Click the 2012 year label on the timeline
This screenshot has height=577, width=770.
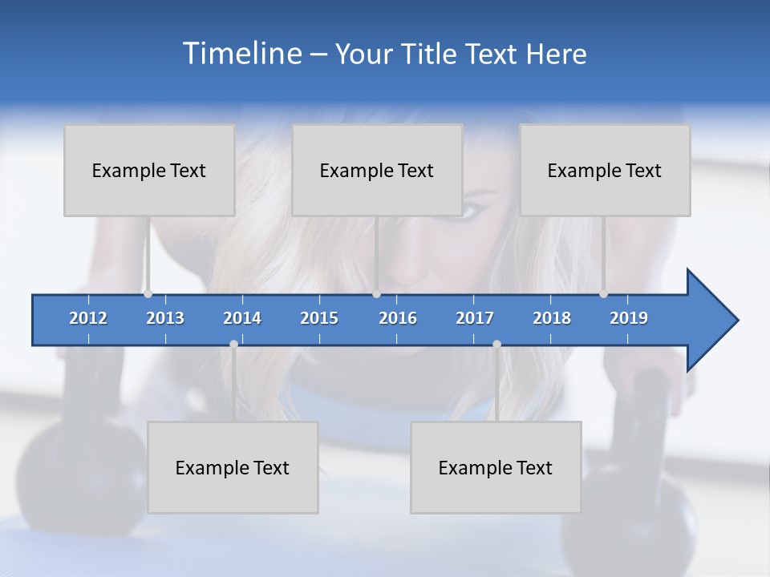pos(88,318)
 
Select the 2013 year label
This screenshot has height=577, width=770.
pos(165,318)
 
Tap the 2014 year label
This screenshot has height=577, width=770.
pos(242,318)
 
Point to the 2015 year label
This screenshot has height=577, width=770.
pos(319,318)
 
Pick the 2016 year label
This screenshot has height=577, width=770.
pos(398,318)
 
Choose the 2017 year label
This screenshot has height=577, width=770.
pos(475,318)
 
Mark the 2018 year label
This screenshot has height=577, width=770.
pos(552,318)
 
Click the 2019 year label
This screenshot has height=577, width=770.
pos(629,318)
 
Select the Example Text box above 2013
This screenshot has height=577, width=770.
pos(149,170)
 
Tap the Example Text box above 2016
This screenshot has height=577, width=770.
pos(377,170)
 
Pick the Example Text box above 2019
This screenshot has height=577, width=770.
pos(605,170)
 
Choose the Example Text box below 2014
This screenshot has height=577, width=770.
pos(233,467)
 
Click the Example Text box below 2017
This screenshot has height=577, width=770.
pos(496,467)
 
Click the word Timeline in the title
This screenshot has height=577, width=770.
pos(241,54)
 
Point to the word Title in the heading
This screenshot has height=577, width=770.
pos(432,54)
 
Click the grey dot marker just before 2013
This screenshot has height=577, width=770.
pos(148,293)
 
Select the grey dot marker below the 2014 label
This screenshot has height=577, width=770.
pos(233,344)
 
